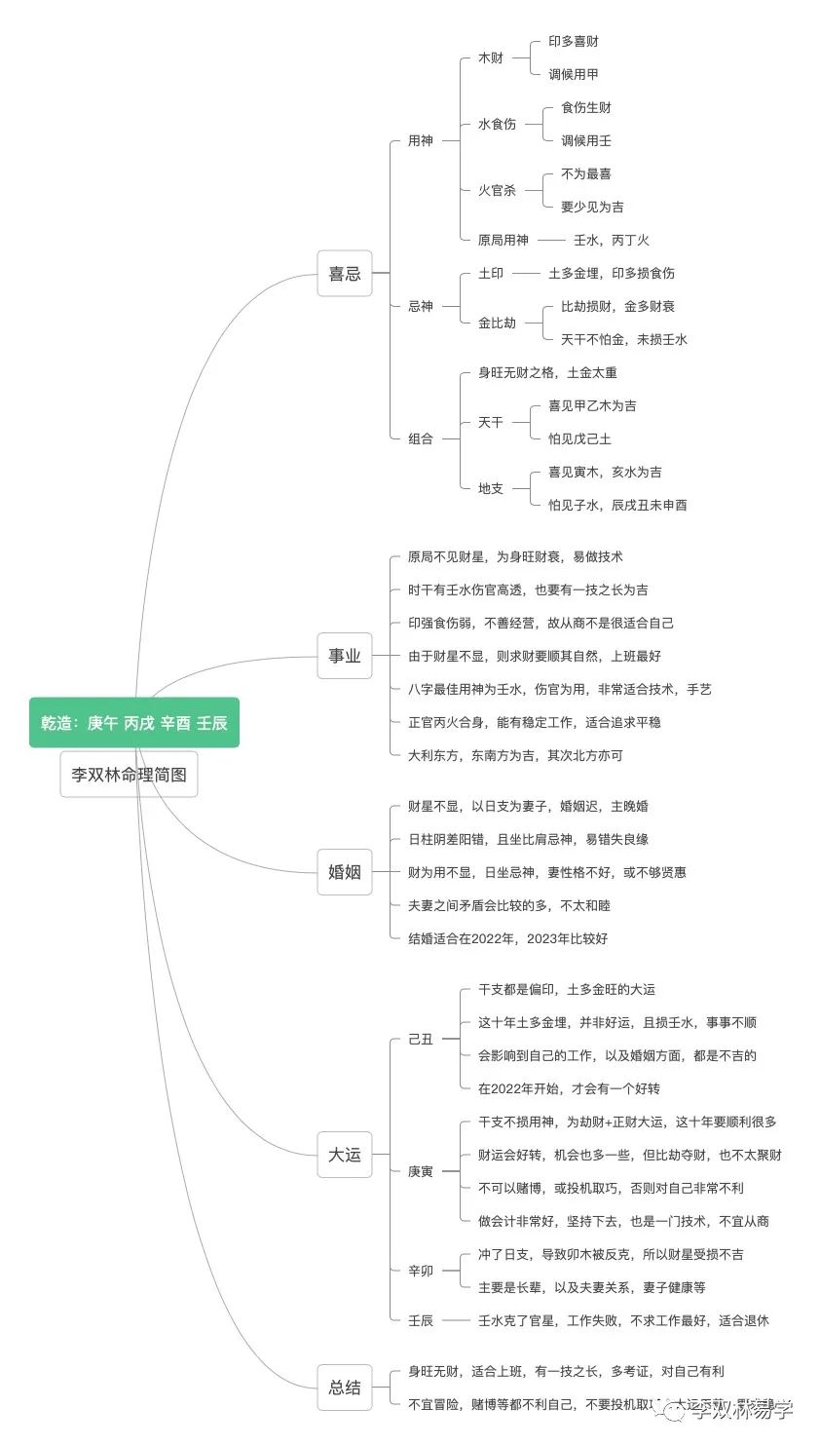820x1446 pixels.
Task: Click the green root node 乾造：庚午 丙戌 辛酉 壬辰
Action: pos(134,722)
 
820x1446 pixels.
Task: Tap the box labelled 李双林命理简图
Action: pos(129,775)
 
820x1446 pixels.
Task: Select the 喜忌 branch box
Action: pos(345,274)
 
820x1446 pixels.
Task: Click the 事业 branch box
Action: pos(345,656)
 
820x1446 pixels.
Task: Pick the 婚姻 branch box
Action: pos(345,872)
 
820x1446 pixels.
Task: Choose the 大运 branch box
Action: pos(345,1155)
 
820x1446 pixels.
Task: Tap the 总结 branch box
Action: pos(345,1388)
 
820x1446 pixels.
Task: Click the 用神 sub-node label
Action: pos(421,140)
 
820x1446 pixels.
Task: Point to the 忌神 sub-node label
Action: pos(421,306)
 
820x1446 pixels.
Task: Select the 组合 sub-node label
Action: pos(421,438)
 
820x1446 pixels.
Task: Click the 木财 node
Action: pos(491,57)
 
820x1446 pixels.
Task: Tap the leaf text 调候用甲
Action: pos(574,74)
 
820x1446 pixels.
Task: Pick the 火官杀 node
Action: pos(497,190)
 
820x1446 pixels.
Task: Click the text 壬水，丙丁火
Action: pos(611,240)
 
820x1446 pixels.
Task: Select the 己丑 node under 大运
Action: pos(421,1039)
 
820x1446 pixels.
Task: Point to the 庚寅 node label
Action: pos(421,1171)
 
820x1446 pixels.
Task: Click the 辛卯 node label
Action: pos(421,1271)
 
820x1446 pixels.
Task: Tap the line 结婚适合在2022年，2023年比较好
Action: pos(507,938)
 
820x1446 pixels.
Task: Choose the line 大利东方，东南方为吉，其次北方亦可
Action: pos(515,755)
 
